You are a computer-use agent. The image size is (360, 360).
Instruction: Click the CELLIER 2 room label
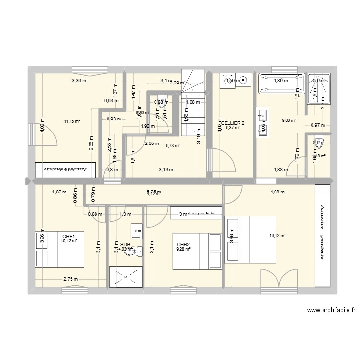(233, 123)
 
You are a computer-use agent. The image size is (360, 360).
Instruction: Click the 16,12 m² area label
(278, 236)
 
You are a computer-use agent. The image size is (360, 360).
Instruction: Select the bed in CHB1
(60, 249)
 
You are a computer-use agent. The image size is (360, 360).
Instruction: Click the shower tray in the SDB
(126, 276)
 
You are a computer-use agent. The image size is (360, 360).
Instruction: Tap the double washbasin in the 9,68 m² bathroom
(263, 121)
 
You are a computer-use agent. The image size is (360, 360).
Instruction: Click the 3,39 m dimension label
(79, 81)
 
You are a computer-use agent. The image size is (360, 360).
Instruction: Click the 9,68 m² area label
(288, 120)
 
